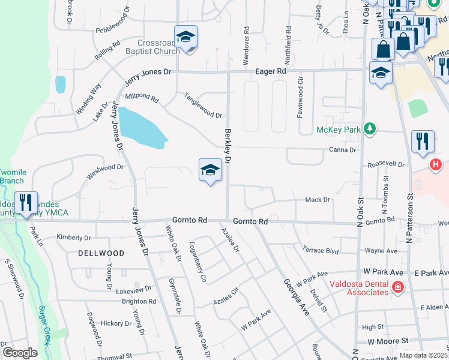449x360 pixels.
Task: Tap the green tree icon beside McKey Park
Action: (x=370, y=128)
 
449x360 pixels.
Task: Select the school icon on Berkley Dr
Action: (x=210, y=170)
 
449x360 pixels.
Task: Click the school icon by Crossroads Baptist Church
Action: (x=186, y=38)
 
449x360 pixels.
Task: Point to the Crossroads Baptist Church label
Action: (x=158, y=47)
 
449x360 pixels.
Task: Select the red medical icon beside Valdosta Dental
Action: (x=397, y=288)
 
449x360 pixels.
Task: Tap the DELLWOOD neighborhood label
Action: (x=101, y=253)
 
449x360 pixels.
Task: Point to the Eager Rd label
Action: (x=273, y=71)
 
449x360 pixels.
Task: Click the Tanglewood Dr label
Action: (x=203, y=104)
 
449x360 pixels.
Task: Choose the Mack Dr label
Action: (x=318, y=199)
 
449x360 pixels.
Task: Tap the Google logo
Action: (x=20, y=353)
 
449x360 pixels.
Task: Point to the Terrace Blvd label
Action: (x=321, y=250)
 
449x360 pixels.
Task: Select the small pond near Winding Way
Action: (x=60, y=84)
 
